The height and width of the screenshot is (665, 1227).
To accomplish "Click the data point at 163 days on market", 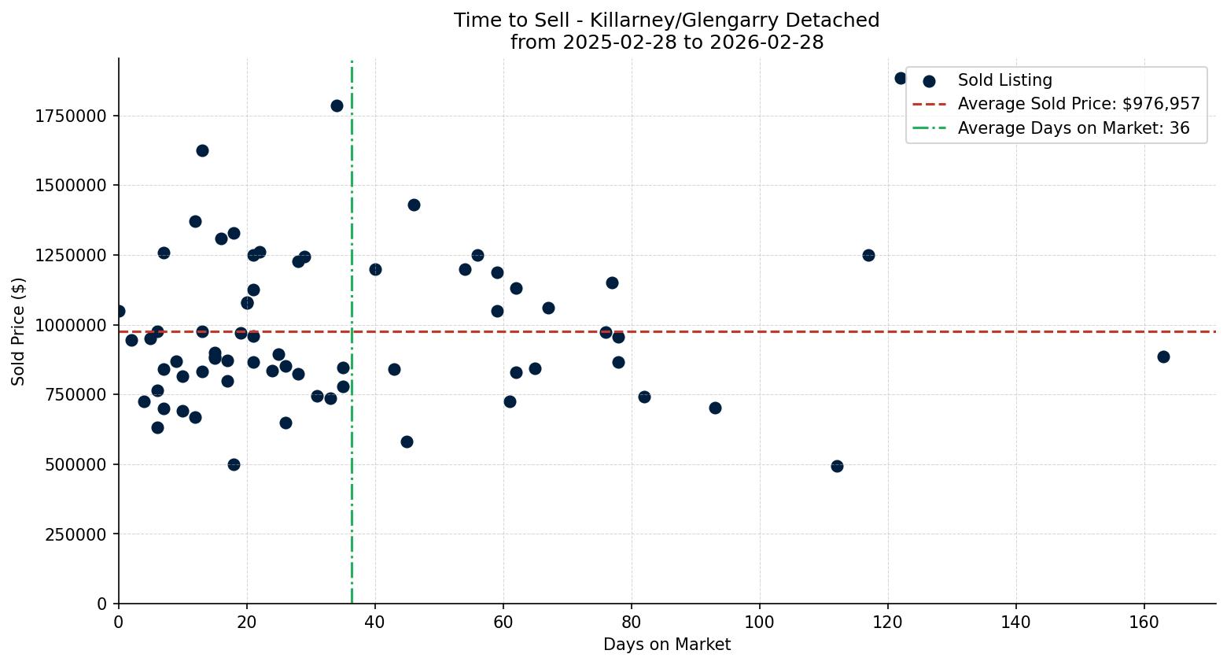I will point(1163,357).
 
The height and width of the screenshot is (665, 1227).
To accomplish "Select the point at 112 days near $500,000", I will point(837,466).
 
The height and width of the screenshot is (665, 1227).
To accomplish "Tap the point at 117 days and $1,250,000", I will point(868,255).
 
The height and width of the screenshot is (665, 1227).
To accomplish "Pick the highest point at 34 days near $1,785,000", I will point(337,105).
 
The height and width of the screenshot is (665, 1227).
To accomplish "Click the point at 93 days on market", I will point(715,408).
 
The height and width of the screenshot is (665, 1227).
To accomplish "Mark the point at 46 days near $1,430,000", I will point(414,205).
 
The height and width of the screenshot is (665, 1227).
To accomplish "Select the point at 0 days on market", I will point(119,311).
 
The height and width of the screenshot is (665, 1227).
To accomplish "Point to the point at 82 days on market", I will point(644,397).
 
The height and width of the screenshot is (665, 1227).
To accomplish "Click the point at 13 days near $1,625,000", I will point(202,150).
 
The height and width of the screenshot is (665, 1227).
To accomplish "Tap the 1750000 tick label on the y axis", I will point(71,116).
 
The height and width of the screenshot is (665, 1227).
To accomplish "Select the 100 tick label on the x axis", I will point(760,622).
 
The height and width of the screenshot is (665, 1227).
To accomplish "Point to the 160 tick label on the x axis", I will point(1144,622).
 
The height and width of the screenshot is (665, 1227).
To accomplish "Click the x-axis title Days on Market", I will point(666,645).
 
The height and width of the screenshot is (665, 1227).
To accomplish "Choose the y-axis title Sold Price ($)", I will point(19,331).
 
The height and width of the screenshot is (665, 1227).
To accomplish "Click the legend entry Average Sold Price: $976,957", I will point(1078,104).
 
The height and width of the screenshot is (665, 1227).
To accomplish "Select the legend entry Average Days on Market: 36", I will point(1073,128).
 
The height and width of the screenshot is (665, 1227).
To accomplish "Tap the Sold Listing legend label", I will point(1004,80).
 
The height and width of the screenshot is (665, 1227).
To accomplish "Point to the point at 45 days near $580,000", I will point(407,441).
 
